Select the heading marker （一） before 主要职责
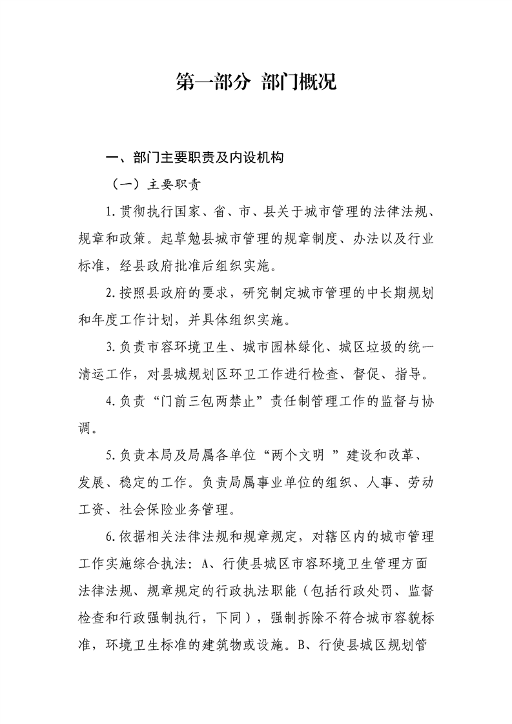pyautogui.click(x=126, y=184)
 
